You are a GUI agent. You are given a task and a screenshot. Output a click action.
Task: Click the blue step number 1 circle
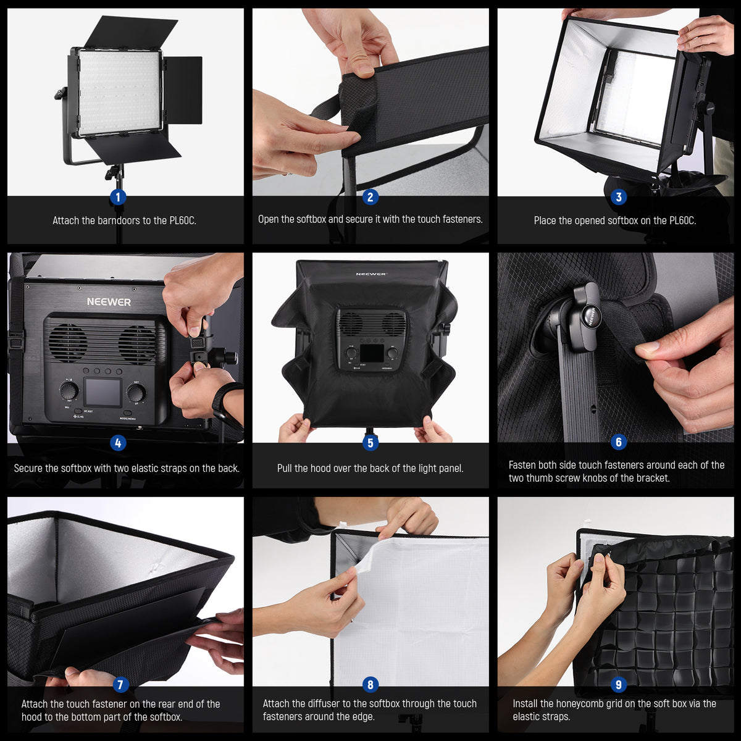coord(117,197)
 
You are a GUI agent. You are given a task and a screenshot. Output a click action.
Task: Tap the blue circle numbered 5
coord(370,442)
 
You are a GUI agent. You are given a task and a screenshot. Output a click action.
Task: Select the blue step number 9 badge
coord(617,684)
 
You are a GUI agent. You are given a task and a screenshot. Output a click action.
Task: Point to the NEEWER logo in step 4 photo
coord(109,302)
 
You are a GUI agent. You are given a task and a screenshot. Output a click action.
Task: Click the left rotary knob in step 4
coord(69,390)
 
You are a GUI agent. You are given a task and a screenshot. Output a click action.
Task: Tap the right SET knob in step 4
coord(136,393)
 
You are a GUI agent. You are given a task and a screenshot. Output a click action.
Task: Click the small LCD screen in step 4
coord(103,393)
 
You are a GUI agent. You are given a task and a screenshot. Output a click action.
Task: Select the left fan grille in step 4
coord(68,343)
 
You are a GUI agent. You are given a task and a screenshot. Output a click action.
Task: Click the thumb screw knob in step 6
coord(587,316)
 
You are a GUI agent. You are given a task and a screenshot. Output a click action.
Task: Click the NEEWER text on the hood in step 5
coord(371,274)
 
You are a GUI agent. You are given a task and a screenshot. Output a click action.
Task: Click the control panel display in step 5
coord(371,353)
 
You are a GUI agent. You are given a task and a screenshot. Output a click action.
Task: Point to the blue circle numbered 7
coord(121,684)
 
